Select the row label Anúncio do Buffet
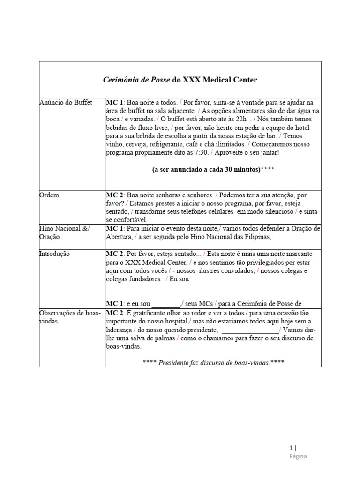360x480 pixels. tap(66, 102)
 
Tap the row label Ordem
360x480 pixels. tap(49, 195)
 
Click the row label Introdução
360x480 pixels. tap(54, 254)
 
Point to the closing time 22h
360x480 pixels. tap(240, 119)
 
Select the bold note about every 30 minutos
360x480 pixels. tap(213, 170)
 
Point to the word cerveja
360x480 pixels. tap(135, 144)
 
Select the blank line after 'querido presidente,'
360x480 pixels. tap(250, 330)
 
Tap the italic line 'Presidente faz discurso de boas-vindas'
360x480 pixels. tap(213, 363)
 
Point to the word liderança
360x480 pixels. tap(119, 330)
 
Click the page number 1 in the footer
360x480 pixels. tap(291, 447)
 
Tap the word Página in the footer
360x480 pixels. tap(298, 456)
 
